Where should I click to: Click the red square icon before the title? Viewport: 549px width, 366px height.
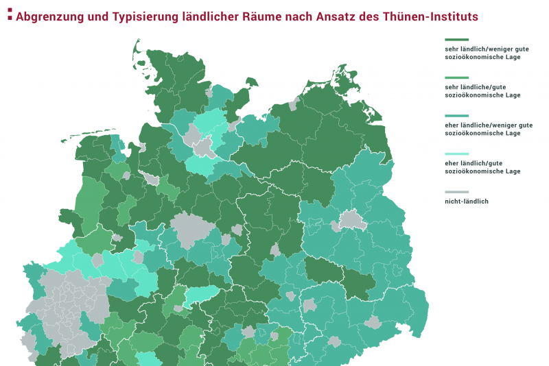(9, 15)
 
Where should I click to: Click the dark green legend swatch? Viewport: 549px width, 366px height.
(457, 40)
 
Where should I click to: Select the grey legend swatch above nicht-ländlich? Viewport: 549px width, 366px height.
(457, 192)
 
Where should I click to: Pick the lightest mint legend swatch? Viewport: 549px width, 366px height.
(457, 154)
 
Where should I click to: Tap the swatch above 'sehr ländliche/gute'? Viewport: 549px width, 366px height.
(457, 78)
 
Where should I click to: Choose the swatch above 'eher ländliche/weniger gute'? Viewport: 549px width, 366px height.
(457, 117)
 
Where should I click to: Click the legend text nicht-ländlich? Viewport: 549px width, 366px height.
(467, 202)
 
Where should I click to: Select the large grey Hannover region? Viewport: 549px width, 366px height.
(187, 230)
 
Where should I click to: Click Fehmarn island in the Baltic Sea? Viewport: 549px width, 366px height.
(251, 83)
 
